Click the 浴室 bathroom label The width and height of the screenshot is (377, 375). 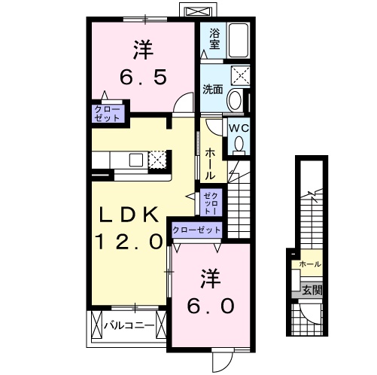click(x=214, y=39)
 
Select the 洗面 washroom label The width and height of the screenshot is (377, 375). click(x=212, y=89)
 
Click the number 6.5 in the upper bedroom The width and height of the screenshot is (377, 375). click(x=144, y=77)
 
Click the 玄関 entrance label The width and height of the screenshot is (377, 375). click(x=311, y=288)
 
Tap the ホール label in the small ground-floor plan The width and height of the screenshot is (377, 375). click(x=310, y=265)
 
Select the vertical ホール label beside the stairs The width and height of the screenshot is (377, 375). click(x=210, y=162)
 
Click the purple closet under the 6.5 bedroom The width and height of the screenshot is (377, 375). click(x=108, y=114)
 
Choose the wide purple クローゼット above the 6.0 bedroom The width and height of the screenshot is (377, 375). click(x=197, y=230)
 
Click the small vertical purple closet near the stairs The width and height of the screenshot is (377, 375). click(x=209, y=201)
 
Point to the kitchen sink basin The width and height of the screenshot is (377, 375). click(x=135, y=160)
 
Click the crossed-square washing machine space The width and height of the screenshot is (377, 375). click(x=241, y=75)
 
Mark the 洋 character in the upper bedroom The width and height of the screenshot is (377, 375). click(x=144, y=50)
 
